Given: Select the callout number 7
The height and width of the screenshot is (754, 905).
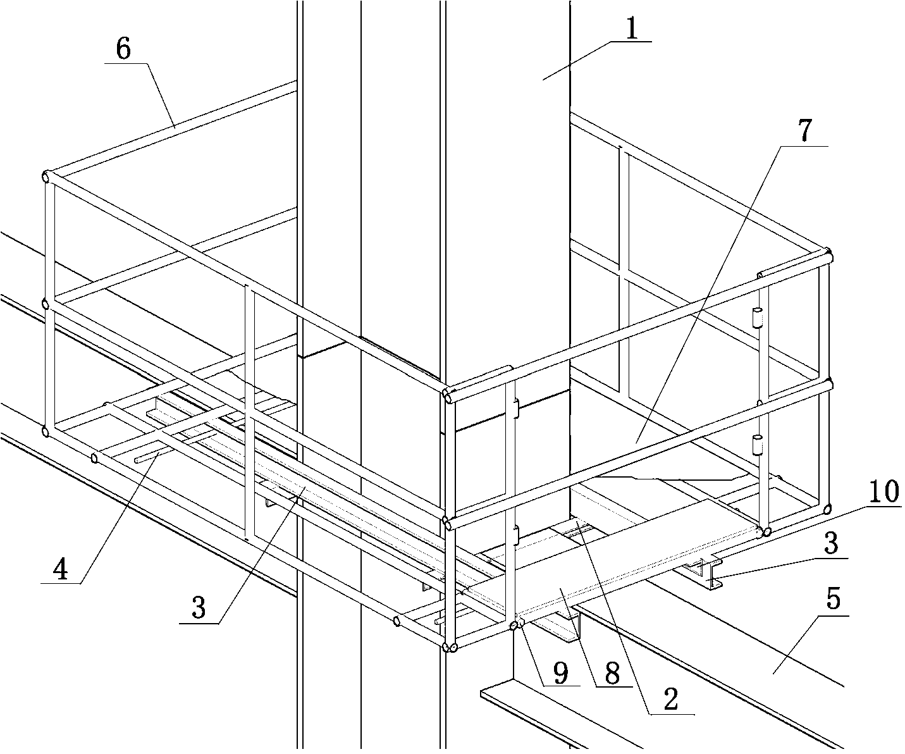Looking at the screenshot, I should [x=803, y=131].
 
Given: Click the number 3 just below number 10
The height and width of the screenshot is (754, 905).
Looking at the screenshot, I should [x=830, y=543].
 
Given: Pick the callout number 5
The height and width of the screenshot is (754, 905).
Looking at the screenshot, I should [x=832, y=598].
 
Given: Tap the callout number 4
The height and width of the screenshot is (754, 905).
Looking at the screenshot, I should [x=60, y=569].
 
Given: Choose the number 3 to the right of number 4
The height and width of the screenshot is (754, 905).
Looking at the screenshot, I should [x=199, y=608].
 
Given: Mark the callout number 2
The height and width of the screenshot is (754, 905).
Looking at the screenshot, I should [x=670, y=699].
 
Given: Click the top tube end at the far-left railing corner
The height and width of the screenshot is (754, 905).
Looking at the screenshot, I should [x=46, y=176].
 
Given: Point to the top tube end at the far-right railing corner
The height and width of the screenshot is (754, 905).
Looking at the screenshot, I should [x=829, y=256].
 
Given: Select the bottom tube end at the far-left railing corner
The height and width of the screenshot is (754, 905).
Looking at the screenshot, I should [x=46, y=431].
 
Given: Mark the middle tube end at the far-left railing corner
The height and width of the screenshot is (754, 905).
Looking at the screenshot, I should [x=46, y=304].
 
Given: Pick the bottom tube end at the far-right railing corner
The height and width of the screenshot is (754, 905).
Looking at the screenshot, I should [x=828, y=508].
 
